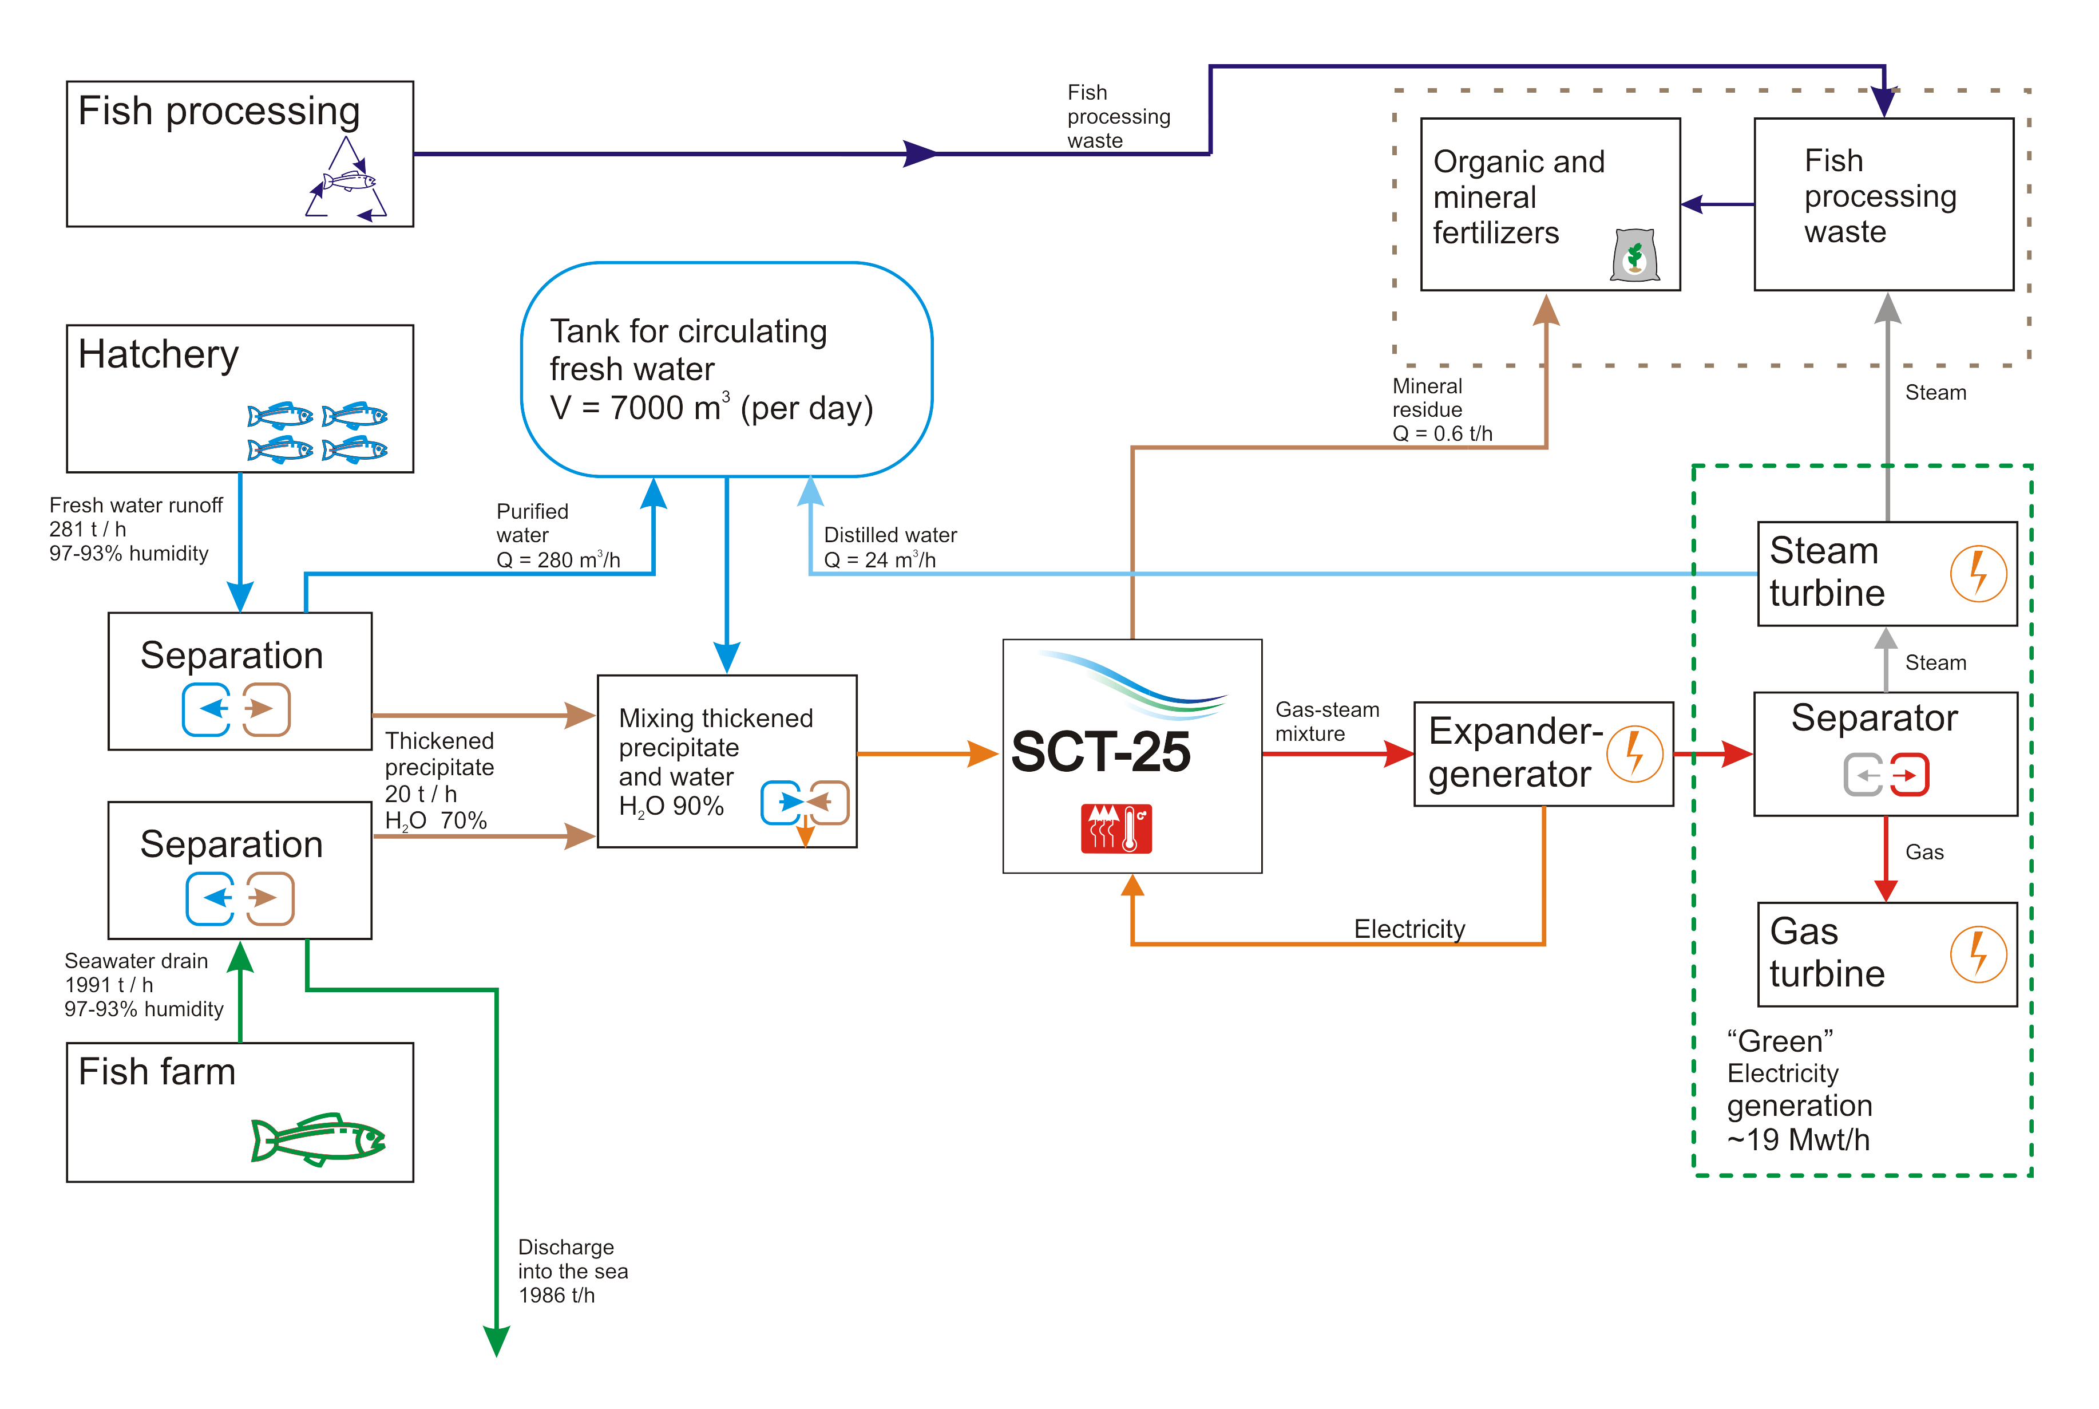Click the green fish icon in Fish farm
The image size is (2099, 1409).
[319, 1139]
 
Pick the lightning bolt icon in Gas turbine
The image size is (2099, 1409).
[1978, 954]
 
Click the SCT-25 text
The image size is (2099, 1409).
[1100, 752]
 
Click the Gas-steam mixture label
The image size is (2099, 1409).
[1326, 721]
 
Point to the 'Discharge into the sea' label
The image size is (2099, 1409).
[572, 1270]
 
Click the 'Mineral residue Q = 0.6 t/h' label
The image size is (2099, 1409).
[1441, 410]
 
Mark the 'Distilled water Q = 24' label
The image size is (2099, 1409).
[889, 547]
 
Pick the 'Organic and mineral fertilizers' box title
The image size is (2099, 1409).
[1518, 197]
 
